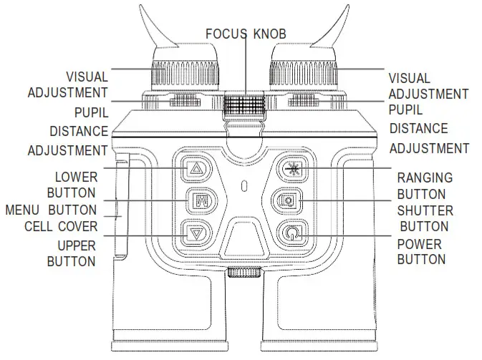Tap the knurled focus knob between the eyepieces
point(244,106)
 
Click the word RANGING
point(425,178)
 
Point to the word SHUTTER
point(425,211)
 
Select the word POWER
point(420,244)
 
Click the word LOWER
point(76,177)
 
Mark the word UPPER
point(76,245)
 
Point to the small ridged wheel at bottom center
point(244,273)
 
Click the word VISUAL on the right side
point(409,78)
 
